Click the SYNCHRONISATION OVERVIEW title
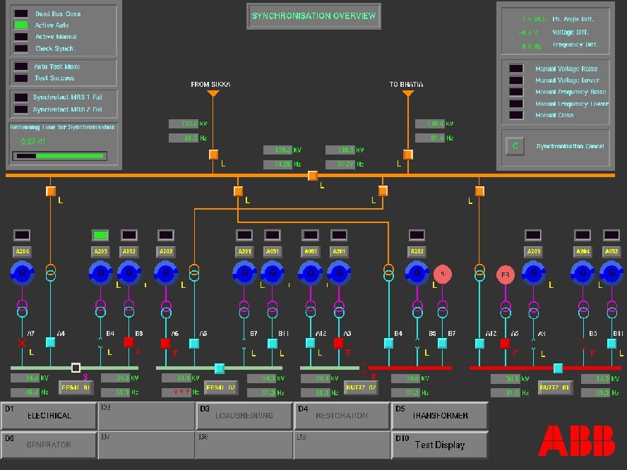tap(313, 16)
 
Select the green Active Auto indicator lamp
tap(21, 25)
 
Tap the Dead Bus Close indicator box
tap(21, 13)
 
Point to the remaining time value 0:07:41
tap(33, 141)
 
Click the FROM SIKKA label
tap(210, 85)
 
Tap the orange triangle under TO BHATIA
tap(407, 94)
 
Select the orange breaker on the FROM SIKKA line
tap(213, 155)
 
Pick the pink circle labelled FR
tap(506, 275)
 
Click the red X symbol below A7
tap(22, 343)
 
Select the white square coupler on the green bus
tap(76, 368)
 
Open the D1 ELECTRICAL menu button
tap(49, 416)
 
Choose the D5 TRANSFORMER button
tap(439, 416)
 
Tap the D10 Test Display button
tap(439, 445)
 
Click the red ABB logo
tap(576, 440)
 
